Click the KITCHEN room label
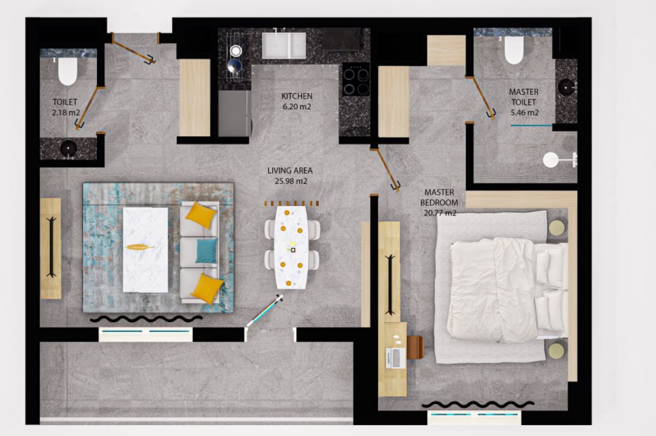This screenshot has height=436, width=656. (x=296, y=96)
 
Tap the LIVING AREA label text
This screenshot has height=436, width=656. (x=290, y=171)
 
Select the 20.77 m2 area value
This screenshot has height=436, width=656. (x=439, y=213)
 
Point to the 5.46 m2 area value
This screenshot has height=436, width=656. (x=524, y=113)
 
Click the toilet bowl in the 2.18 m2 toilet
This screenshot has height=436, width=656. (x=68, y=71)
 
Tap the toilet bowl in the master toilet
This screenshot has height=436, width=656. (x=514, y=50)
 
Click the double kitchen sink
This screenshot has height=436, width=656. (x=284, y=45)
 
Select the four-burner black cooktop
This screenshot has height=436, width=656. (x=356, y=79)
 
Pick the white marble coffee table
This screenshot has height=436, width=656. (x=146, y=249)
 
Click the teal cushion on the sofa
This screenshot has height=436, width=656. (x=207, y=251)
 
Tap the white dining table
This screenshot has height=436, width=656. (x=292, y=247)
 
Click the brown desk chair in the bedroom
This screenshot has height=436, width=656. (x=415, y=348)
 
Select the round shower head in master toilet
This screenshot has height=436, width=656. (x=551, y=160)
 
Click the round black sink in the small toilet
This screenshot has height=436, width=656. (x=68, y=148)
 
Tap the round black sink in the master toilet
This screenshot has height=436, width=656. (x=566, y=87)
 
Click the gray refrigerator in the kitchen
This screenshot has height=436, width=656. (x=234, y=113)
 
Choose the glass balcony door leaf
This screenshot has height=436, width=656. (x=264, y=310)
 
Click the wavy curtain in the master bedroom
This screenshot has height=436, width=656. (x=478, y=404)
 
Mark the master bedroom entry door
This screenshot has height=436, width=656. (x=385, y=168)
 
